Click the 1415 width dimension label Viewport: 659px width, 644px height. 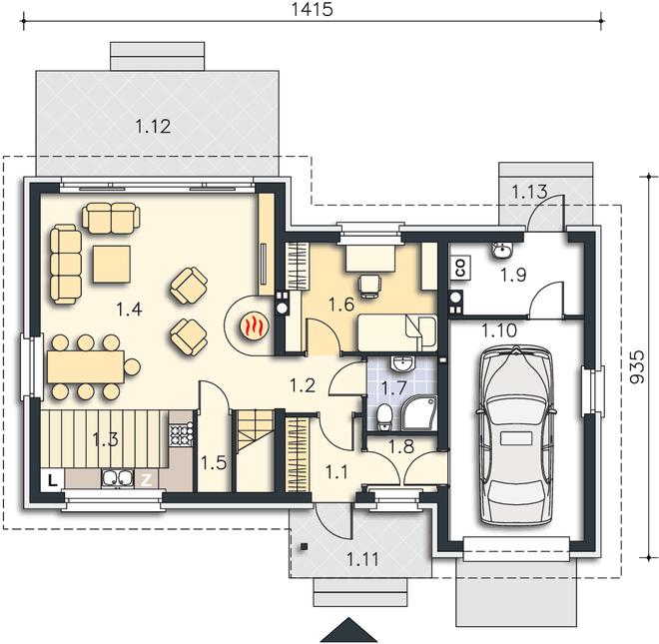[312, 9]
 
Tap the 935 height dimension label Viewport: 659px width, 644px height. [637, 366]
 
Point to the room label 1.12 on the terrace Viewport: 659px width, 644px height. [153, 126]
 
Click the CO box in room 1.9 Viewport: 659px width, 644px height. [461, 268]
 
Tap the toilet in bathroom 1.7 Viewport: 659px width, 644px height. [383, 416]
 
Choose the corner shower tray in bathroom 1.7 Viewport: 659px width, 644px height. [419, 414]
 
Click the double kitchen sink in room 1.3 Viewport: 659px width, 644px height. [117, 478]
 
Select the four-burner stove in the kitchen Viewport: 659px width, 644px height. [181, 434]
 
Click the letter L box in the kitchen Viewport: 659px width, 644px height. [52, 479]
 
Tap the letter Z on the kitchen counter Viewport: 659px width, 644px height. [146, 479]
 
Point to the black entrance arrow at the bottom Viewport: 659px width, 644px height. [348, 629]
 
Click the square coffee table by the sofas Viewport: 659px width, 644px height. [112, 264]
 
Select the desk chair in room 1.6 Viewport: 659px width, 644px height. [369, 286]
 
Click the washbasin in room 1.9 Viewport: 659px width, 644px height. [502, 250]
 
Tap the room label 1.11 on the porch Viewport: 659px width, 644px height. [362, 559]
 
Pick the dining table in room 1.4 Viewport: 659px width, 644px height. [86, 366]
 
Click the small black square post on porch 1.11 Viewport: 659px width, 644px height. [304, 546]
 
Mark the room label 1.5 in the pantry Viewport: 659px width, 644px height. [214, 463]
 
